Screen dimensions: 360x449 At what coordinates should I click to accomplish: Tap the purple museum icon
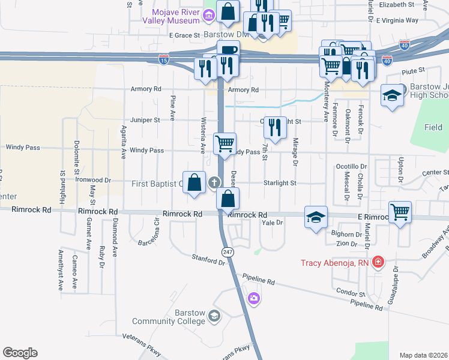(208, 14)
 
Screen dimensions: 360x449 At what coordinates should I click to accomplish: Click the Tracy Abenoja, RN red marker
(378, 262)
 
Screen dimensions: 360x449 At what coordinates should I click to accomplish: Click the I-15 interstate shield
(163, 59)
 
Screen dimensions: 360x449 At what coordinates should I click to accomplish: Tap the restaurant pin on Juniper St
(275, 127)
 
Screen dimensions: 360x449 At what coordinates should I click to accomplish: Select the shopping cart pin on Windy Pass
(224, 143)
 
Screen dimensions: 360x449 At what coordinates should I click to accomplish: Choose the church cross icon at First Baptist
(214, 182)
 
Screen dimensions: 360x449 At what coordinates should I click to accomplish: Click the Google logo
(20, 353)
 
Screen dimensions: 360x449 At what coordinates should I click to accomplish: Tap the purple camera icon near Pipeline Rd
(254, 298)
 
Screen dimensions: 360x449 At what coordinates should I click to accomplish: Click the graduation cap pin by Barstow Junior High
(392, 96)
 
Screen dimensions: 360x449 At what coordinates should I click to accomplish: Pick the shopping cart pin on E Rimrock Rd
(400, 211)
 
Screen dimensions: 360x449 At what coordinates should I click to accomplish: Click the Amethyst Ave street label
(61, 269)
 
